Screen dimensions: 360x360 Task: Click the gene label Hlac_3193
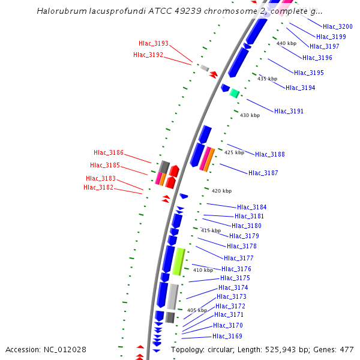click(x=153, y=43)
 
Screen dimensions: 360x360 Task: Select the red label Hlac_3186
click(x=108, y=152)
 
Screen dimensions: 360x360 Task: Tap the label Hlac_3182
click(x=98, y=187)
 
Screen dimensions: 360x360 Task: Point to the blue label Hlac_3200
click(x=337, y=26)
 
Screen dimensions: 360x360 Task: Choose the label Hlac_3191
click(x=289, y=111)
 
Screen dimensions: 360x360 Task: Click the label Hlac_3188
click(x=269, y=154)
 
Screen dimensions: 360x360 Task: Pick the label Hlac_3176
click(x=236, y=269)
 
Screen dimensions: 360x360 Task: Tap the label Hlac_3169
click(x=227, y=336)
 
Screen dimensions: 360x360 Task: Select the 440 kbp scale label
click(x=286, y=43)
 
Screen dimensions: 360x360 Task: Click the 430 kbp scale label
click(x=250, y=115)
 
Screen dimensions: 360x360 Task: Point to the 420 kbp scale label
click(x=221, y=191)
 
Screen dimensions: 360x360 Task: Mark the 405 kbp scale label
click(x=197, y=310)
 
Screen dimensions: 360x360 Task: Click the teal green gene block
click(x=235, y=93)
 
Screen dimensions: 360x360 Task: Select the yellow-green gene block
click(x=178, y=262)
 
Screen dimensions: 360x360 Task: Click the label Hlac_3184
click(x=251, y=207)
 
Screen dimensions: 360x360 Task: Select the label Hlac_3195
click(x=308, y=73)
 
